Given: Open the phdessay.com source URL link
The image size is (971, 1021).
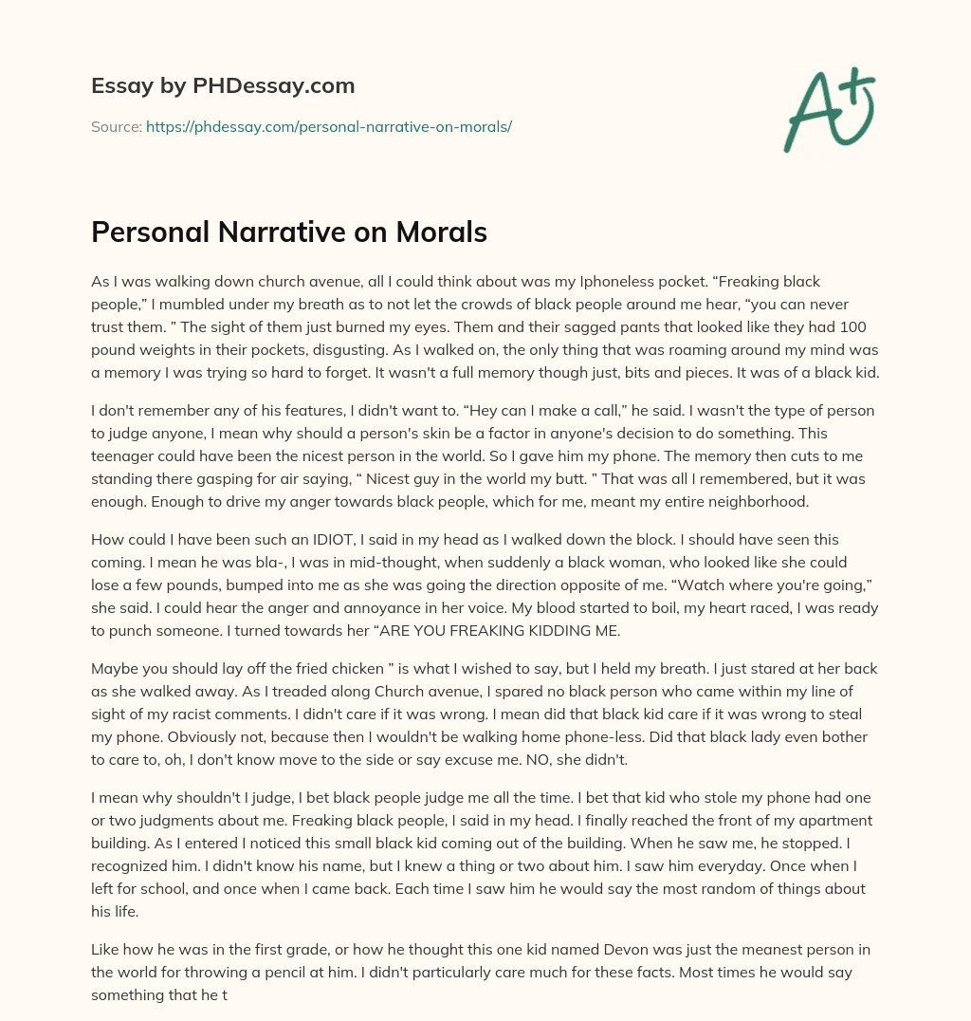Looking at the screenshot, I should click(x=328, y=126).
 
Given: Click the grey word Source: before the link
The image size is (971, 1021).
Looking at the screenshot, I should click(x=117, y=126).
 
